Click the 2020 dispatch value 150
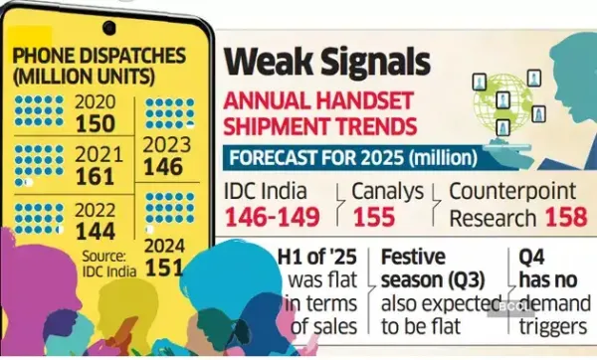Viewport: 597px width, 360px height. point(96,123)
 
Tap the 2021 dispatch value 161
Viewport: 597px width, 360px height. point(96,177)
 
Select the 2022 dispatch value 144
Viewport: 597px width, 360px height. point(96,232)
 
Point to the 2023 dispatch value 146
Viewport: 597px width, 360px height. point(163,167)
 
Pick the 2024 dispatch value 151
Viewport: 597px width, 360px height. point(164,268)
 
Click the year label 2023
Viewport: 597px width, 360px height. point(167,145)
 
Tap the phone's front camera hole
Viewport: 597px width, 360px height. point(109,28)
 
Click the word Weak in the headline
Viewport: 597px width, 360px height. point(269,61)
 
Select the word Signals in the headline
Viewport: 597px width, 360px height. point(376,62)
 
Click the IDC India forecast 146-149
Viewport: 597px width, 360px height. point(272,217)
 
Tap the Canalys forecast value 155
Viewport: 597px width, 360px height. point(374,217)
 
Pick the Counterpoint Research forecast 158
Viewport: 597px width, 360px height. point(566,217)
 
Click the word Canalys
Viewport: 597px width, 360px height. point(387,191)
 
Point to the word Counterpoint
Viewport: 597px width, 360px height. point(512,191)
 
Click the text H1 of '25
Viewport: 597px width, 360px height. point(316,258)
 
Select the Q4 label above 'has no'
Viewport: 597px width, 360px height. point(531,258)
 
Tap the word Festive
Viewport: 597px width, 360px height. point(413,257)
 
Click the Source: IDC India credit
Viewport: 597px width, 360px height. point(109,264)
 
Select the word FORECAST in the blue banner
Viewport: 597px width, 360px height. point(273,157)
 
